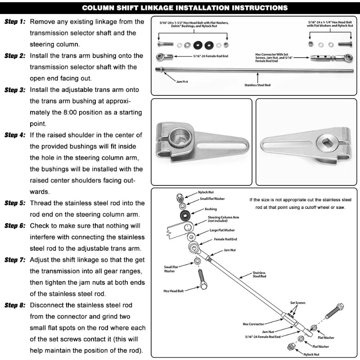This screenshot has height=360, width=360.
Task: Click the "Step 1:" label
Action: (15, 22)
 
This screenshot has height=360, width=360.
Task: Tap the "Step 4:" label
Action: (15, 135)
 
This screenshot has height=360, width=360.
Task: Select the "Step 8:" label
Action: (15, 305)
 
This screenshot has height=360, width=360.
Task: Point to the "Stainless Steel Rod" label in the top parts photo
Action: (257, 84)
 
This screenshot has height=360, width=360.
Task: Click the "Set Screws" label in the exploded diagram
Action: (297, 303)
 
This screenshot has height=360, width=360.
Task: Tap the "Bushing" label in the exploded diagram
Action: (211, 209)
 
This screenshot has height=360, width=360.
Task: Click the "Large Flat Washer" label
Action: (221, 230)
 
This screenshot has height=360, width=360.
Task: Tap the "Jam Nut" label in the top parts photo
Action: (182, 82)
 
